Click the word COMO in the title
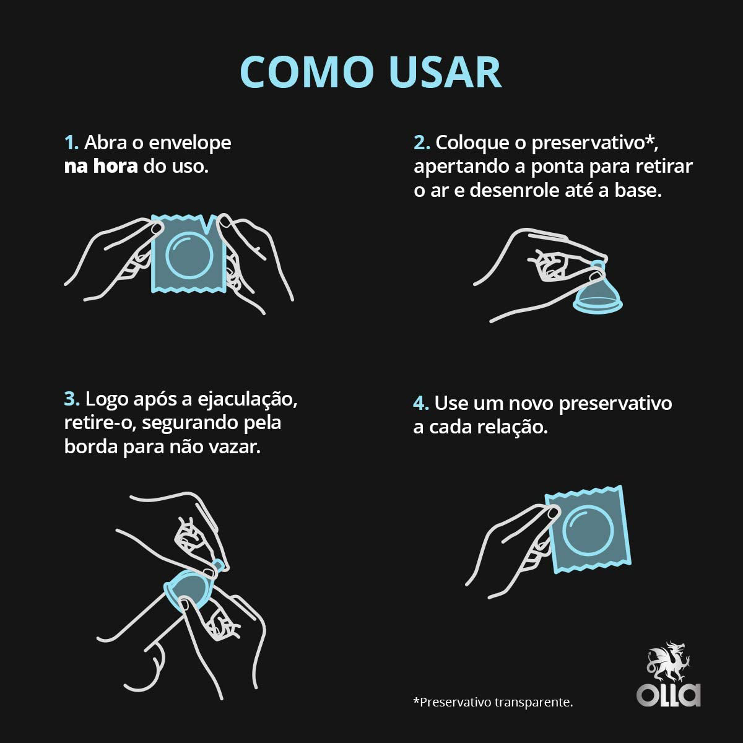click(306, 72)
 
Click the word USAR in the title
click(445, 72)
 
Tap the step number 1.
click(71, 142)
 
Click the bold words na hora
click(101, 166)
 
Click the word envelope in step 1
click(190, 143)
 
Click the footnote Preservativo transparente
click(493, 702)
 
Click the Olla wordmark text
click(669, 694)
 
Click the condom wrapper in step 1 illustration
click(188, 254)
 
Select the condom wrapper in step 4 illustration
click(588, 529)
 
